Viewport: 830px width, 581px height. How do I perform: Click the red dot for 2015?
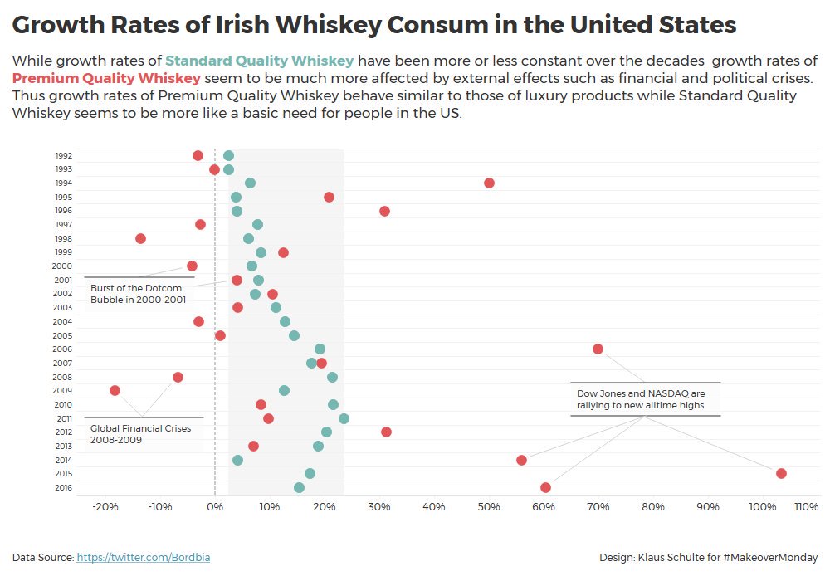click(781, 473)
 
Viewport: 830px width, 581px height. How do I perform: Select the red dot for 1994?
click(489, 183)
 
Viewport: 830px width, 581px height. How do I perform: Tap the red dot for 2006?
click(598, 349)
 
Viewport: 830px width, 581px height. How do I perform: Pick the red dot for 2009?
click(115, 390)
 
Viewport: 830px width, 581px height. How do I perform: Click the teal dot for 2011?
click(344, 418)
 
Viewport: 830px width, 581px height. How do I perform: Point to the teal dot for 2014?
click(237, 460)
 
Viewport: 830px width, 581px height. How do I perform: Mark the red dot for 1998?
click(140, 238)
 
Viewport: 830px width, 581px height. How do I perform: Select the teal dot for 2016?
click(299, 487)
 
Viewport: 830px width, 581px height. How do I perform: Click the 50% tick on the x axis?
click(489, 506)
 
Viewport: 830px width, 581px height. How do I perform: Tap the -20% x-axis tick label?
click(104, 506)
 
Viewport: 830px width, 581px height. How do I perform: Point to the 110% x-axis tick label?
click(806, 506)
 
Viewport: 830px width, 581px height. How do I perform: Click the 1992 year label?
click(63, 155)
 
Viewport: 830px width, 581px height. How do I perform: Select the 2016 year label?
click(63, 487)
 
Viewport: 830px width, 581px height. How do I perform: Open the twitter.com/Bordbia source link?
click(143, 558)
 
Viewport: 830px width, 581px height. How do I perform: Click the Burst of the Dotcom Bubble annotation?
click(138, 294)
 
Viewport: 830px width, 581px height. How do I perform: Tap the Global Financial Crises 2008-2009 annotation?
click(140, 434)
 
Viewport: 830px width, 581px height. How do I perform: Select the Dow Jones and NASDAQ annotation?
click(641, 399)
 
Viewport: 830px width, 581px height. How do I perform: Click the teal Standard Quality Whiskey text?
click(259, 61)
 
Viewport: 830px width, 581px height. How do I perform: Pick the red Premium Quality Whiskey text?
click(106, 79)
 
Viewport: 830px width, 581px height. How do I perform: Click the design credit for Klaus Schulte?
click(708, 558)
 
